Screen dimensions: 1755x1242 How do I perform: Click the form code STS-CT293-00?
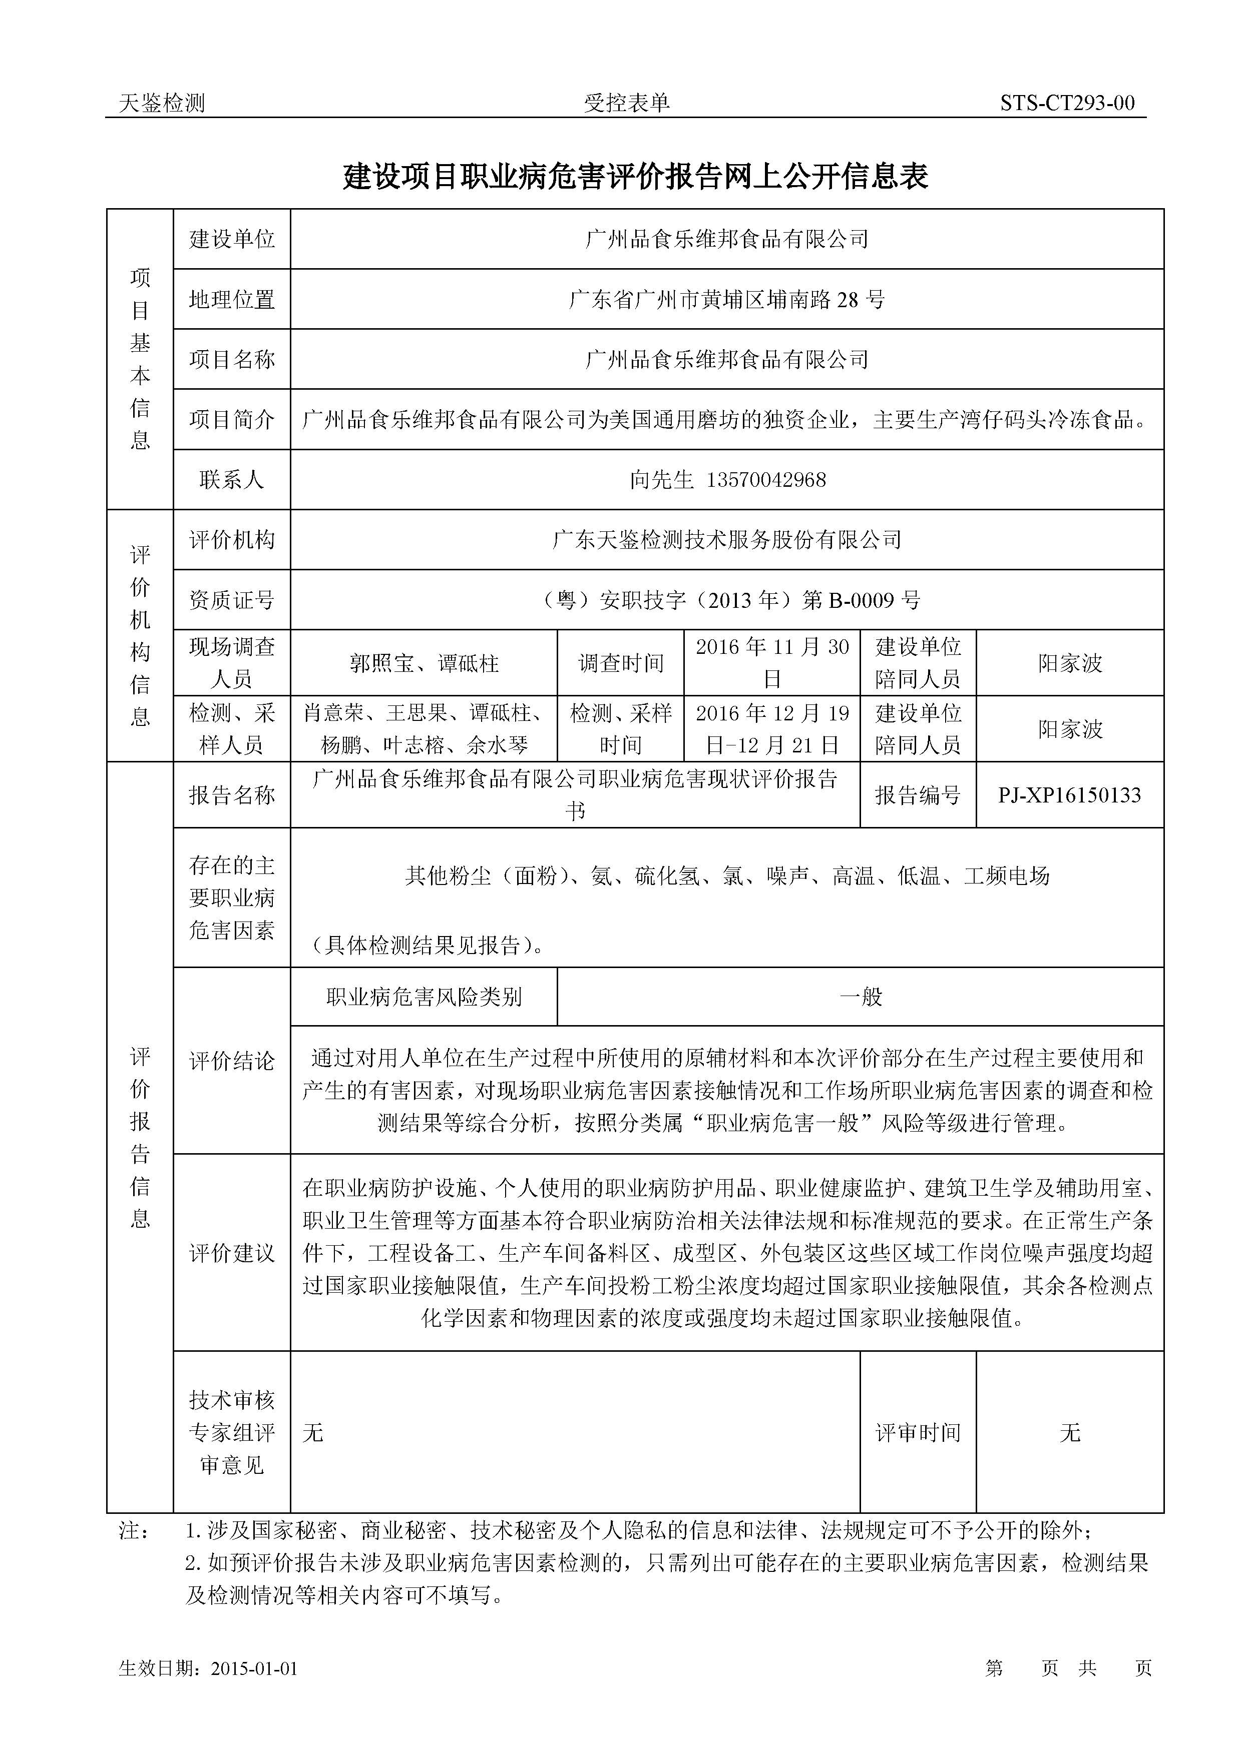point(1067,103)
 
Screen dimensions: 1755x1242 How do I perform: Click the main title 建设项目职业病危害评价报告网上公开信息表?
point(636,177)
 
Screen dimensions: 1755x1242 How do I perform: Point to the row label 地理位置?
point(232,300)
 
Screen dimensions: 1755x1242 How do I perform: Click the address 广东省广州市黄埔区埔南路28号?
point(726,300)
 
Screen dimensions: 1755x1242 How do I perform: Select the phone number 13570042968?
point(766,480)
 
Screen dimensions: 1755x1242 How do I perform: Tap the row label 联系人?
point(232,480)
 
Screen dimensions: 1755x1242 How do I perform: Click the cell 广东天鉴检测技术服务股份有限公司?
point(726,540)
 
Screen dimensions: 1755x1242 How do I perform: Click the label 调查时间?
point(620,663)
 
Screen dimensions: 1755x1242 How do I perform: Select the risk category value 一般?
point(861,997)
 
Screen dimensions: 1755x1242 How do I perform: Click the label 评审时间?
point(918,1432)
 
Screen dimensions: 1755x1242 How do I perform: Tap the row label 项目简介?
point(232,420)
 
